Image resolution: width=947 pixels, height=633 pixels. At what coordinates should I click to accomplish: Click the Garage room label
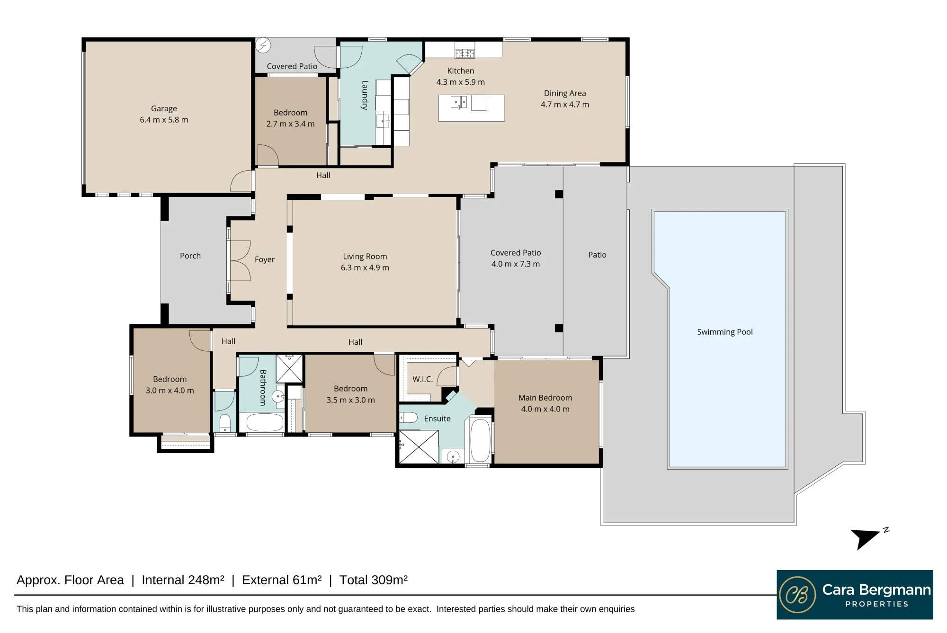pyautogui.click(x=164, y=109)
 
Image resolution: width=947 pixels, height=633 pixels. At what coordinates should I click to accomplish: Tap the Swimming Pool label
pyautogui.click(x=724, y=332)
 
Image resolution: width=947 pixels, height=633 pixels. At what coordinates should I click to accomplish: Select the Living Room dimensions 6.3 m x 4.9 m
pyautogui.click(x=365, y=267)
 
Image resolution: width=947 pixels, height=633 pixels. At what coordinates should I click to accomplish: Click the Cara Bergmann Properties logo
pyautogui.click(x=855, y=595)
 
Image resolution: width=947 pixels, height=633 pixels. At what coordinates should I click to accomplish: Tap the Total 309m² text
pyautogui.click(x=373, y=580)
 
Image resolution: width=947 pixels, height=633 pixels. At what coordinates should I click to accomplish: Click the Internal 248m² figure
pyautogui.click(x=183, y=580)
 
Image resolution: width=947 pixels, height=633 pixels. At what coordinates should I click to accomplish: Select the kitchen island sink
pyautogui.click(x=458, y=102)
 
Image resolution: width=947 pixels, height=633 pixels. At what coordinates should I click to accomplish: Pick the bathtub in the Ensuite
pyautogui.click(x=480, y=440)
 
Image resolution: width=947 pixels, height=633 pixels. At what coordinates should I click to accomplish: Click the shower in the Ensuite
pyautogui.click(x=419, y=446)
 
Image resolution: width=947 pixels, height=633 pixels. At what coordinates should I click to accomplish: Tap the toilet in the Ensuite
pyautogui.click(x=408, y=418)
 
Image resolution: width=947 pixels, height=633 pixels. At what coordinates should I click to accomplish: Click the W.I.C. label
pyautogui.click(x=422, y=379)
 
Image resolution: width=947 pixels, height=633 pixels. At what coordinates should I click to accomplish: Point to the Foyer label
pyautogui.click(x=264, y=259)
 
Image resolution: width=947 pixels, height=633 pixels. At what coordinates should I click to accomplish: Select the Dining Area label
pyautogui.click(x=565, y=93)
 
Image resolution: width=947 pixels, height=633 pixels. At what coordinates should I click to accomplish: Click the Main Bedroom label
pyautogui.click(x=545, y=398)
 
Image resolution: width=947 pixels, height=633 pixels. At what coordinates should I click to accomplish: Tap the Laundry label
pyautogui.click(x=365, y=95)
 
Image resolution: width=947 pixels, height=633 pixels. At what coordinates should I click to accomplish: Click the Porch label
pyautogui.click(x=190, y=256)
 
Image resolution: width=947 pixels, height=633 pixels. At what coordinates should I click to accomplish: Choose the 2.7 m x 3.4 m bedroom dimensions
pyautogui.click(x=290, y=124)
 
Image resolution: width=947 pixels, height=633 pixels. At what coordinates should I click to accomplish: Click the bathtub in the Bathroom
pyautogui.click(x=265, y=422)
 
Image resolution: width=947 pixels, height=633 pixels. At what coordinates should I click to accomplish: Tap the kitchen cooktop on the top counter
pyautogui.click(x=465, y=53)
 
